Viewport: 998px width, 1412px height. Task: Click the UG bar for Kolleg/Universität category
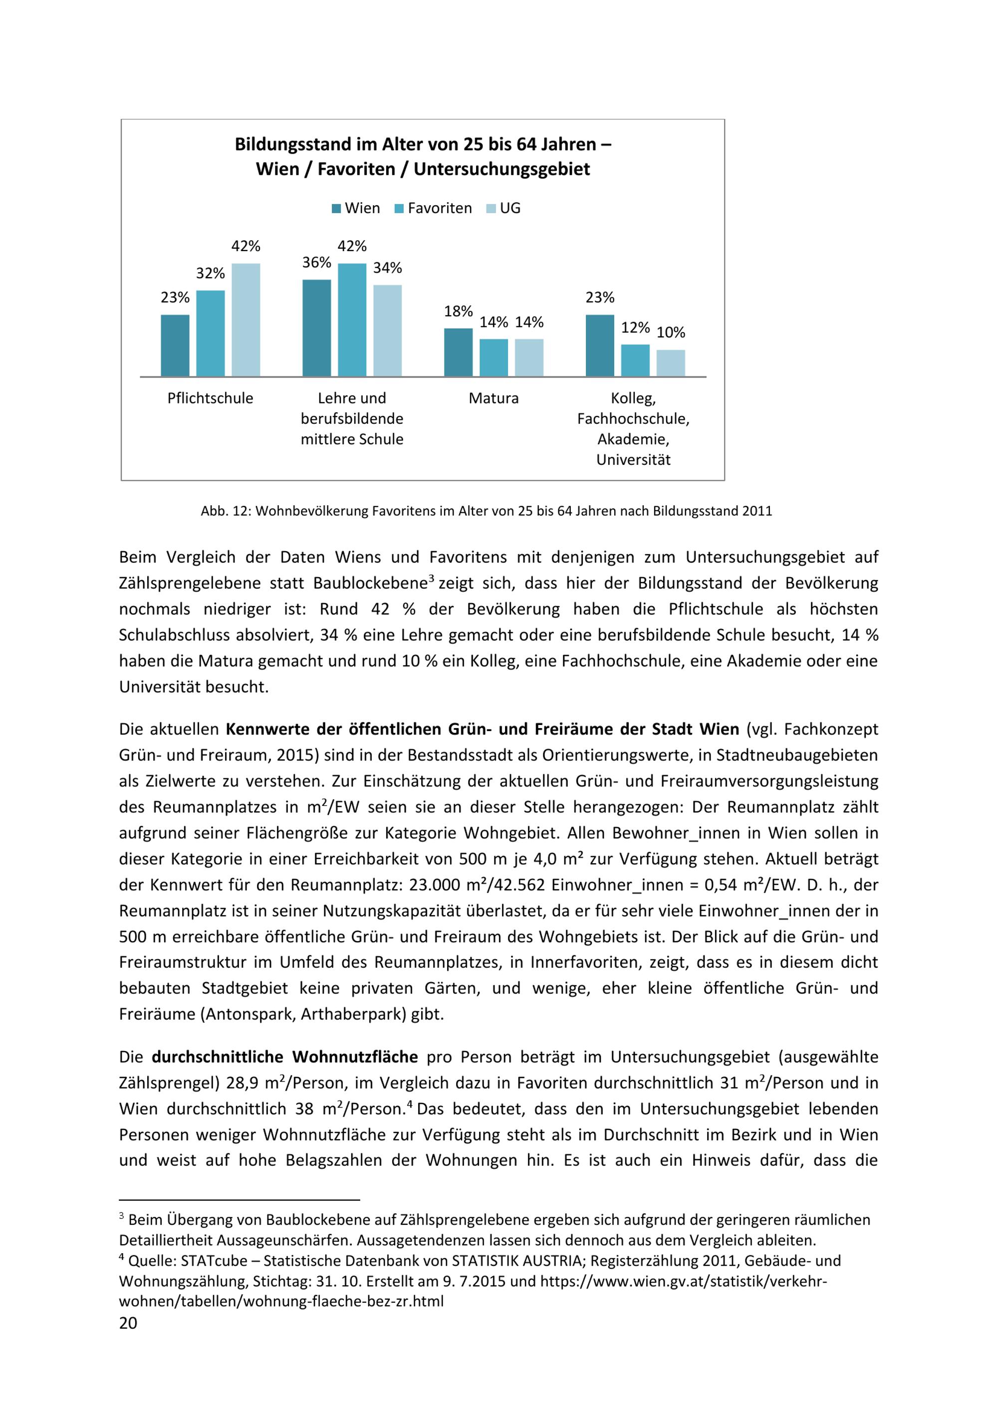click(671, 363)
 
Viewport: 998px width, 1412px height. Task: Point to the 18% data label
click(459, 311)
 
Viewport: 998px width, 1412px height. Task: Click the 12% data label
click(635, 327)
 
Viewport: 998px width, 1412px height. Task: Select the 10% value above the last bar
click(671, 333)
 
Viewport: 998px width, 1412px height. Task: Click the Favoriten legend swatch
click(399, 209)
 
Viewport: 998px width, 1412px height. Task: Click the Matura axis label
click(494, 398)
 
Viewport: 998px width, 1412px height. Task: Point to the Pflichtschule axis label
click(210, 398)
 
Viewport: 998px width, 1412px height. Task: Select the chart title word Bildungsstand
click(292, 144)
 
